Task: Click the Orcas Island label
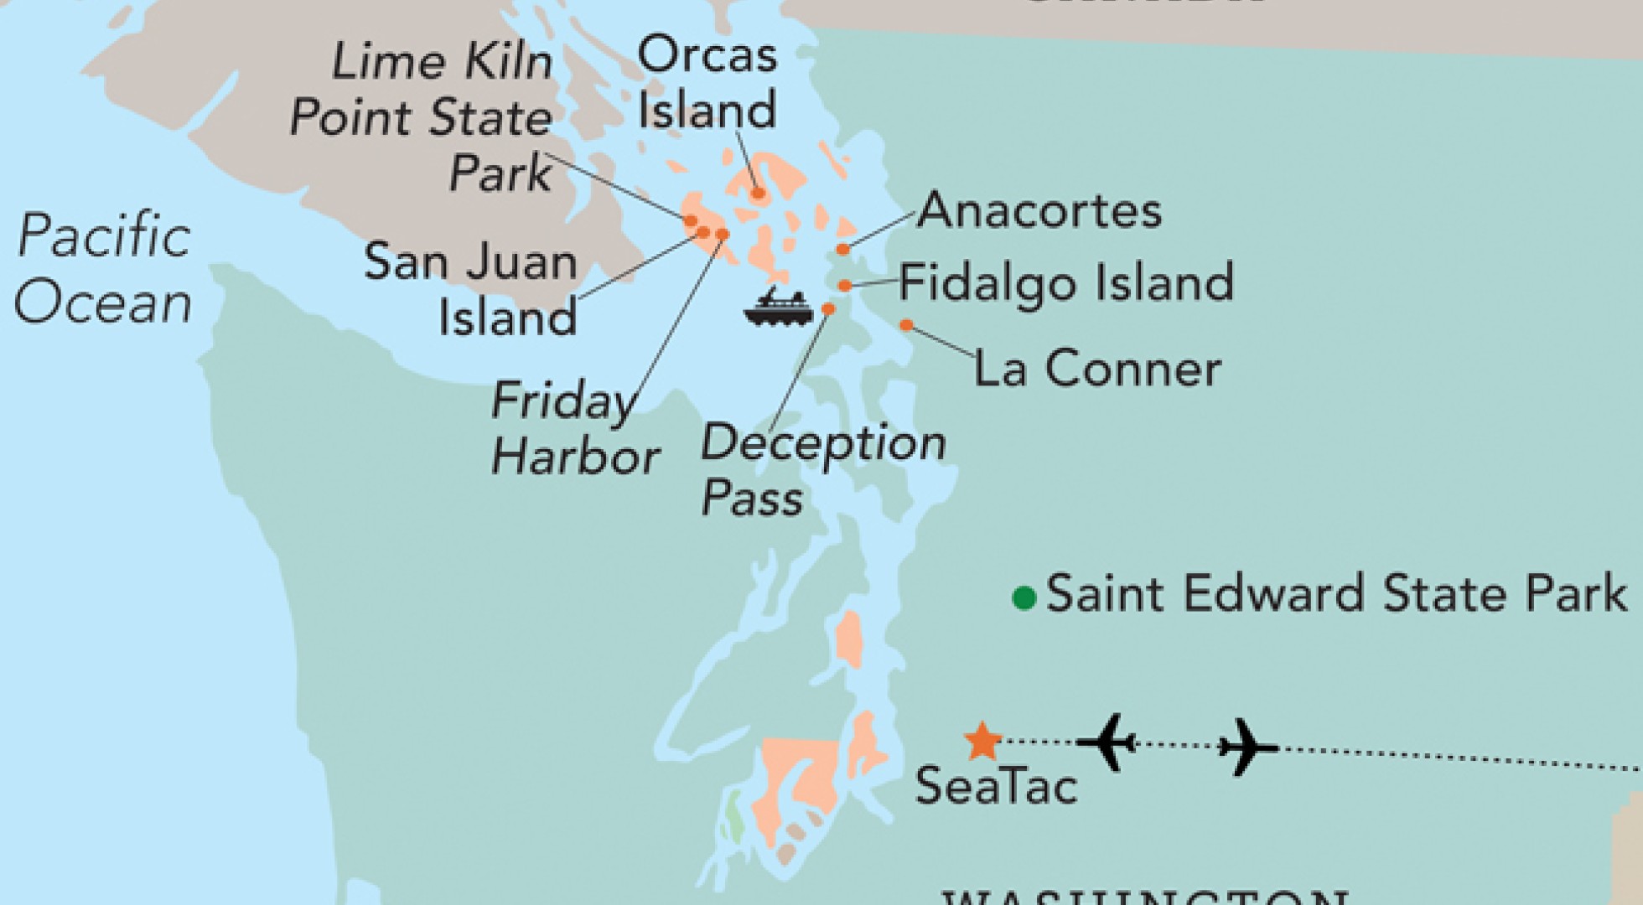coord(707,83)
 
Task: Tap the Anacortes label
coord(1039,210)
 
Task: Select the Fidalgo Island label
coord(1066,282)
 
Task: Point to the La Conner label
coord(1097,368)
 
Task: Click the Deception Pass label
coord(823,469)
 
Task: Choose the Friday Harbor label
coord(575,429)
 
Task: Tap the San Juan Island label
coord(471,290)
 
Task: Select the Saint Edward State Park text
coord(1336,594)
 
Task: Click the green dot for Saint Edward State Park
coord(1024,598)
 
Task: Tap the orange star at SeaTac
coord(982,741)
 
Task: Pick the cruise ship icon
coord(777,308)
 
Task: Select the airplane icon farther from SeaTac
coord(1248,746)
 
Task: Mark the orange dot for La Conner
coord(905,325)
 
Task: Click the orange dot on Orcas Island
coord(758,194)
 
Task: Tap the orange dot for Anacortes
coord(842,249)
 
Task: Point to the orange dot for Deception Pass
coord(828,309)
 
